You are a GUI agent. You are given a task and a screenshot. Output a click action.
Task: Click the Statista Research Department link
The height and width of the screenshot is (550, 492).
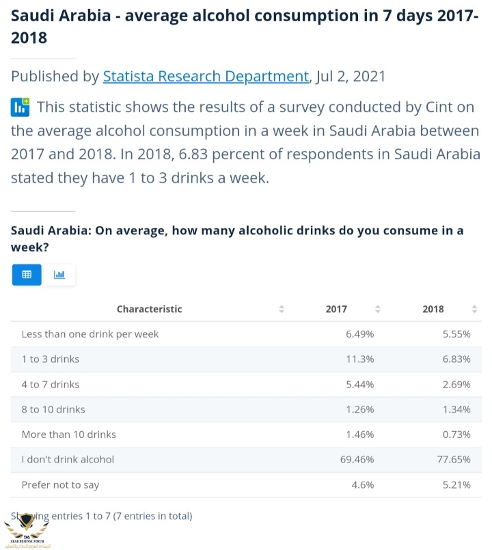206,77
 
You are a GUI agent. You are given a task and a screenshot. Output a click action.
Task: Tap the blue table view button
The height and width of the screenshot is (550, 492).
27,275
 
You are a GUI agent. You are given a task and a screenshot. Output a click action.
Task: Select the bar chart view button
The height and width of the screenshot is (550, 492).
59,275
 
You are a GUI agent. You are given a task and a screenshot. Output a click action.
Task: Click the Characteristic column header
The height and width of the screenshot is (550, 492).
149,309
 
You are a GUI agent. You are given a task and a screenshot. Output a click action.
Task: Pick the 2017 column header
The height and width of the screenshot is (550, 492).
336,309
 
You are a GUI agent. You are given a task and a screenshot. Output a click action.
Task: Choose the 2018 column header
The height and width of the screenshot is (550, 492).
433,309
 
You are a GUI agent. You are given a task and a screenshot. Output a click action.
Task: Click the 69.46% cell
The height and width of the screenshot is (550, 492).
357,459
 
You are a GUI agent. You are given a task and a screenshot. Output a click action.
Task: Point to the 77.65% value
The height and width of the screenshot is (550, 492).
454,459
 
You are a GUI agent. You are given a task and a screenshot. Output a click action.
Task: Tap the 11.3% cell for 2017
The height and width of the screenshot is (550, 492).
360,359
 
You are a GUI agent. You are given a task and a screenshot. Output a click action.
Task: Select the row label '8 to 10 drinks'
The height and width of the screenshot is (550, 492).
53,409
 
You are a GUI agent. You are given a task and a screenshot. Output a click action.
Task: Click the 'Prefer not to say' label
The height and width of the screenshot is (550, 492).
60,484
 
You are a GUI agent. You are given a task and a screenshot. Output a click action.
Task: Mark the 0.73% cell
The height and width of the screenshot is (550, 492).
456,434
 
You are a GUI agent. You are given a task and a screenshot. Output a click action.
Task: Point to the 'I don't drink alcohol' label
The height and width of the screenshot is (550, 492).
68,459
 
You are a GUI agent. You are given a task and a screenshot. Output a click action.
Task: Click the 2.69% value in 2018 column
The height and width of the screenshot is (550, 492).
456,384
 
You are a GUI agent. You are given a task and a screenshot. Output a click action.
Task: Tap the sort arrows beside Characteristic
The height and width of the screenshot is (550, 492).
282,309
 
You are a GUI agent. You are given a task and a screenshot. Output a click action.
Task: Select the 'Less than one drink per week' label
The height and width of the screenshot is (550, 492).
90,334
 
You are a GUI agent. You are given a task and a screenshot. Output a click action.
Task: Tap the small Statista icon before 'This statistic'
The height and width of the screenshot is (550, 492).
20,107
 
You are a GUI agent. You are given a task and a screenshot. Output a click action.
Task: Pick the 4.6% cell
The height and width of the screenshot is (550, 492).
363,484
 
